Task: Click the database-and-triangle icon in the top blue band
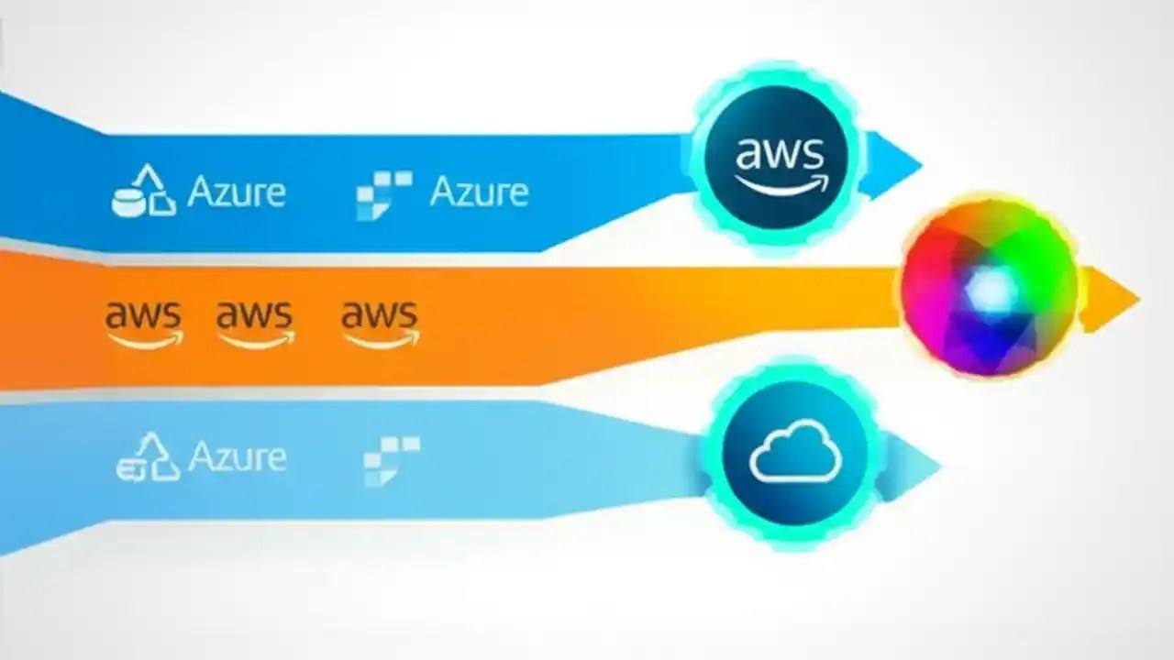pyautogui.click(x=143, y=191)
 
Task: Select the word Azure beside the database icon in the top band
pyautogui.click(x=237, y=192)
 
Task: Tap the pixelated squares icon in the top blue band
pyautogui.click(x=383, y=193)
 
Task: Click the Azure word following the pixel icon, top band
pyautogui.click(x=479, y=192)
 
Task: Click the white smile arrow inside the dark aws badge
pyautogui.click(x=781, y=184)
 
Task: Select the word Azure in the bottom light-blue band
pyautogui.click(x=237, y=456)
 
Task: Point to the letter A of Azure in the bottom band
pyautogui.click(x=199, y=456)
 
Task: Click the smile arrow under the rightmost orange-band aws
pyautogui.click(x=382, y=339)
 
